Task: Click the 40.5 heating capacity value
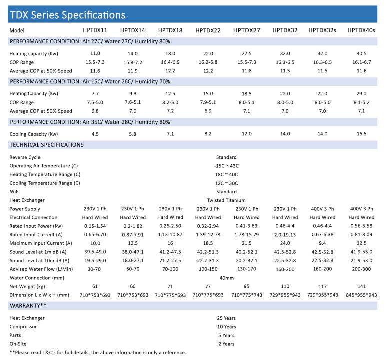coord(361,53)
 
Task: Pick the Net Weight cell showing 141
coord(361,286)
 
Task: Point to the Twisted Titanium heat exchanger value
coord(226,200)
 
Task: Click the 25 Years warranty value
coord(226,318)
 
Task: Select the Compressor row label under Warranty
coord(23,326)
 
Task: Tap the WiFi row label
coord(15,192)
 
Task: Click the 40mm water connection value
coord(226,278)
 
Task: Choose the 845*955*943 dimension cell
coord(361,295)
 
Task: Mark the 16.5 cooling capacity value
coord(361,134)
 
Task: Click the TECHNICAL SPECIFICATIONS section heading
coord(47,145)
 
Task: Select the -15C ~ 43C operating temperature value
coord(226,166)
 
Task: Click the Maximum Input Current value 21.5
coord(246,243)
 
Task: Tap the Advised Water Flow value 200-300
coord(361,269)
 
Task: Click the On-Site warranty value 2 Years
coord(226,344)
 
